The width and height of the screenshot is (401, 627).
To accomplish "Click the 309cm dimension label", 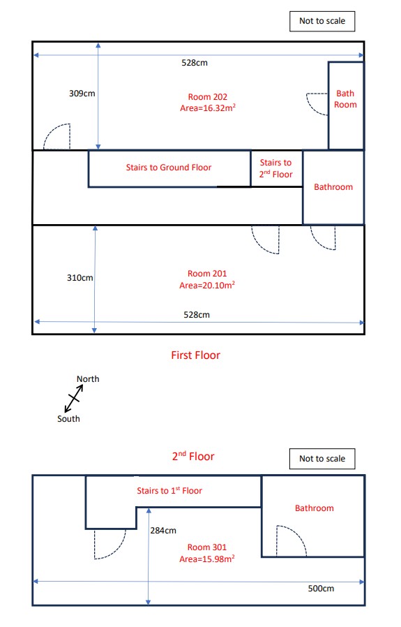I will click(x=82, y=93).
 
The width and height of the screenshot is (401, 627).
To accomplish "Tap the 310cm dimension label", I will click(x=80, y=277).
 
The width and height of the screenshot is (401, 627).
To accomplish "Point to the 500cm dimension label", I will click(x=321, y=589).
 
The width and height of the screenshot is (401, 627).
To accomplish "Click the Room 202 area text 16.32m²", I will click(x=208, y=108).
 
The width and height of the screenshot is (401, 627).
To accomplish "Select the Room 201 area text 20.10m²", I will click(x=207, y=285).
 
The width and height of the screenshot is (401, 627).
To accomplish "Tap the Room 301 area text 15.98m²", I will click(x=207, y=559).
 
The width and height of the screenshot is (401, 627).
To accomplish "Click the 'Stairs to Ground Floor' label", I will click(x=168, y=168).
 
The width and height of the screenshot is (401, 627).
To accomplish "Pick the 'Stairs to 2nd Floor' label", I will click(x=276, y=168).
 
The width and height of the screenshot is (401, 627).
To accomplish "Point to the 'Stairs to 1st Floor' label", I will click(x=169, y=491).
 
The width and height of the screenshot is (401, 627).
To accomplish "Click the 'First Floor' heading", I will click(x=195, y=355).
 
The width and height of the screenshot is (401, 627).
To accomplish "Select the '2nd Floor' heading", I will click(x=193, y=457).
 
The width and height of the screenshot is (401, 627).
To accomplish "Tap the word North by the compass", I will click(x=88, y=379).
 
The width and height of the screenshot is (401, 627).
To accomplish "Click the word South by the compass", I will click(x=68, y=419).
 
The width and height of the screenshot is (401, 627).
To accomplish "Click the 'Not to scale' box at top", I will click(x=321, y=21).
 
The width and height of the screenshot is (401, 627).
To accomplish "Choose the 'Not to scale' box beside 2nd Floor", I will click(x=321, y=459).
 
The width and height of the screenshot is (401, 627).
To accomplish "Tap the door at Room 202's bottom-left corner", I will click(x=56, y=137).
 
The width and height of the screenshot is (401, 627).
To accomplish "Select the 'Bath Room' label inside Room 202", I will click(x=346, y=98).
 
